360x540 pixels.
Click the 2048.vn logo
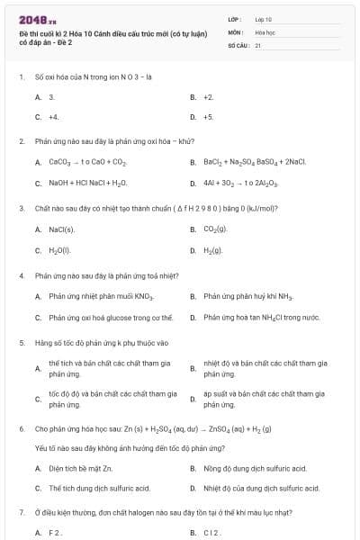[x=31, y=19]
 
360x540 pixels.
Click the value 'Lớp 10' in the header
[x=264, y=18]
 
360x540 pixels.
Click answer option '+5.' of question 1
[x=208, y=117]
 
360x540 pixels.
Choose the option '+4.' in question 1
[x=54, y=117]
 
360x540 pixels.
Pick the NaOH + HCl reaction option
[x=88, y=184]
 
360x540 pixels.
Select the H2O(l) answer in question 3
[x=59, y=250]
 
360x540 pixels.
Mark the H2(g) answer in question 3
[x=213, y=250]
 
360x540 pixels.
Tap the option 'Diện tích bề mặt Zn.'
[x=80, y=468]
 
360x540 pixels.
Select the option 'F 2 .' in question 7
[x=55, y=533]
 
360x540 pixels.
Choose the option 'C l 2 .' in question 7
[x=211, y=533]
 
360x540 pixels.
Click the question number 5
[x=21, y=343]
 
